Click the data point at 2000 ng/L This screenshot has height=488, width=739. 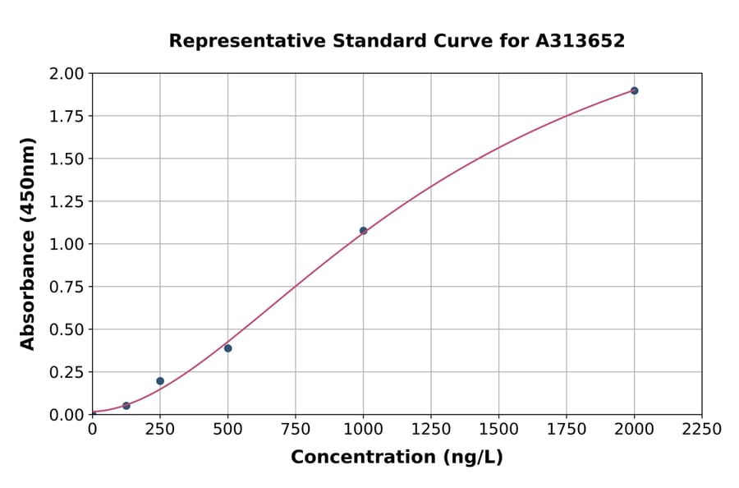pyautogui.click(x=634, y=90)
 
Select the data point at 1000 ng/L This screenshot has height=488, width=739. pyautogui.click(x=363, y=231)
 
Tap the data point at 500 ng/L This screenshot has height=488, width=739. pyautogui.click(x=227, y=348)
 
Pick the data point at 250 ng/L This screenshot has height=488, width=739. pyautogui.click(x=160, y=381)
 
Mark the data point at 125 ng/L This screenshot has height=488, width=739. pyautogui.click(x=126, y=406)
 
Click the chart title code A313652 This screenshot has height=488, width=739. pyautogui.click(x=581, y=41)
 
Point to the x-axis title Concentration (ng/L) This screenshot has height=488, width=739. pyautogui.click(x=397, y=458)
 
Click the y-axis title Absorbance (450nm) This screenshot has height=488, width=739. pyautogui.click(x=28, y=244)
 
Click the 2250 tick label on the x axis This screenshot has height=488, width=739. pyautogui.click(x=701, y=430)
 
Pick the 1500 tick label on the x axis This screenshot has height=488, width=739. pyautogui.click(x=498, y=430)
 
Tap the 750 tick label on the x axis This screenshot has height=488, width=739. pyautogui.click(x=296, y=430)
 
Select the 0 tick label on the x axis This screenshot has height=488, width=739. pyautogui.click(x=93, y=430)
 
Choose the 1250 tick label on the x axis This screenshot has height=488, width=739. pyautogui.click(x=431, y=430)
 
